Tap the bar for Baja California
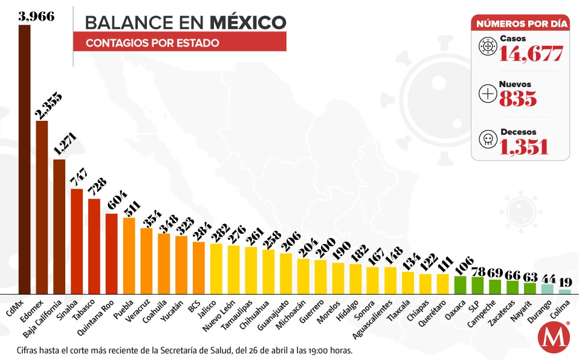(59, 226)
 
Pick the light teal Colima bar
(564, 291)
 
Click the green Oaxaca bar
(460, 284)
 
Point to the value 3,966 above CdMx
(36, 16)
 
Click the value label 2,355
(43, 108)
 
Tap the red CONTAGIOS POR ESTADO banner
(180, 43)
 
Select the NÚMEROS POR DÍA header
(520, 24)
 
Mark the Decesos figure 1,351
(524, 146)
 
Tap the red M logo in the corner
(551, 339)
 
